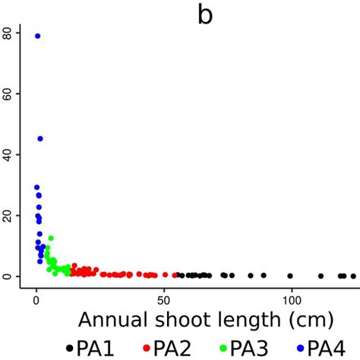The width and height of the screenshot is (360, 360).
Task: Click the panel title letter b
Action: (205, 15)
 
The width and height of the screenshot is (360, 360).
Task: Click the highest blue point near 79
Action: (38, 36)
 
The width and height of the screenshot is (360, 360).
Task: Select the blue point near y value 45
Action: (40, 139)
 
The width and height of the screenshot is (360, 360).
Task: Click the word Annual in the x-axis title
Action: (115, 319)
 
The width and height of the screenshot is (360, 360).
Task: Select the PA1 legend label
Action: (98, 348)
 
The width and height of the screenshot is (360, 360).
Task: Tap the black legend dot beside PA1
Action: (70, 349)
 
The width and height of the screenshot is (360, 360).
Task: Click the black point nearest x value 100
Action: (290, 276)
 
